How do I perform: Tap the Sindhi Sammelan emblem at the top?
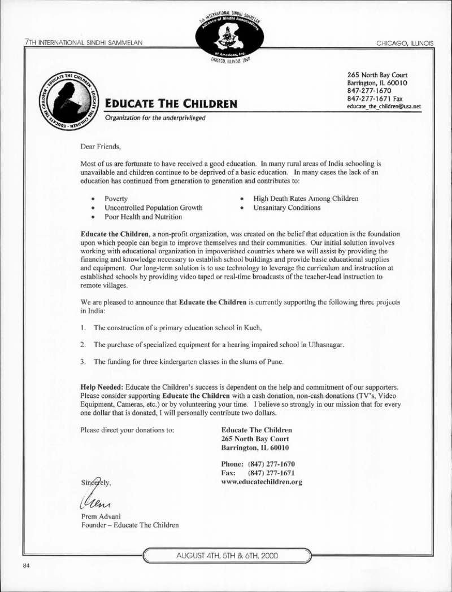tap(225, 31)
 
